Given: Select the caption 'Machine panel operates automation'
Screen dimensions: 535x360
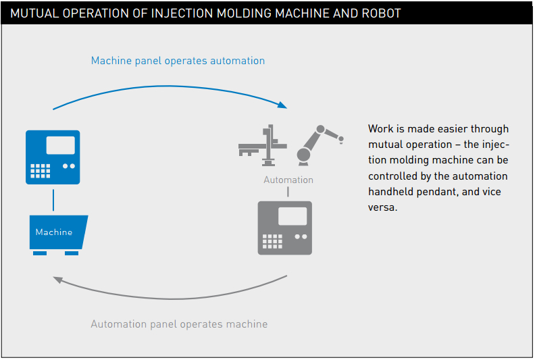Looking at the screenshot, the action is pyautogui.click(x=178, y=61).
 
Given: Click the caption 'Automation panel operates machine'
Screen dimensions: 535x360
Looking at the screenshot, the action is pyautogui.click(x=179, y=324).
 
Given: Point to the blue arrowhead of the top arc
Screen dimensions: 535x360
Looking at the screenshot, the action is pyautogui.click(x=282, y=105).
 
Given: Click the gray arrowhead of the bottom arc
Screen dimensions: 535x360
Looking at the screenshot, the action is pyautogui.click(x=58, y=280).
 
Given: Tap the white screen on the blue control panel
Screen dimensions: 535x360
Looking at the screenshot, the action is pyautogui.click(x=61, y=145).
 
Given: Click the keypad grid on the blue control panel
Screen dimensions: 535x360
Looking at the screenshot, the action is pyautogui.click(x=41, y=171).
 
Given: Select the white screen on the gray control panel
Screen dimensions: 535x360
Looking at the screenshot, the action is pyautogui.click(x=292, y=216).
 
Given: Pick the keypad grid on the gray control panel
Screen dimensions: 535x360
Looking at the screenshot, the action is pyautogui.click(x=272, y=241).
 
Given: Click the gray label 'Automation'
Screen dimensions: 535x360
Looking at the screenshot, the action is pyautogui.click(x=288, y=180).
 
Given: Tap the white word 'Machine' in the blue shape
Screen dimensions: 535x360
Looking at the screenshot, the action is pyautogui.click(x=54, y=232).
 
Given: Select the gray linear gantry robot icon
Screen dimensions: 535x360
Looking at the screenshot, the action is pyautogui.click(x=263, y=145).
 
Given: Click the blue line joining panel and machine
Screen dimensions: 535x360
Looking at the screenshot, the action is pyautogui.click(x=53, y=201).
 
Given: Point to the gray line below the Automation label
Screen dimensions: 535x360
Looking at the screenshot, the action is pyautogui.click(x=288, y=192).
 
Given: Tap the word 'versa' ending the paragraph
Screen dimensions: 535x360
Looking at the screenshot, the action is pyautogui.click(x=382, y=207).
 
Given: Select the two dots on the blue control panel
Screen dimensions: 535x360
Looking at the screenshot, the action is pyautogui.click(x=69, y=166).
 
